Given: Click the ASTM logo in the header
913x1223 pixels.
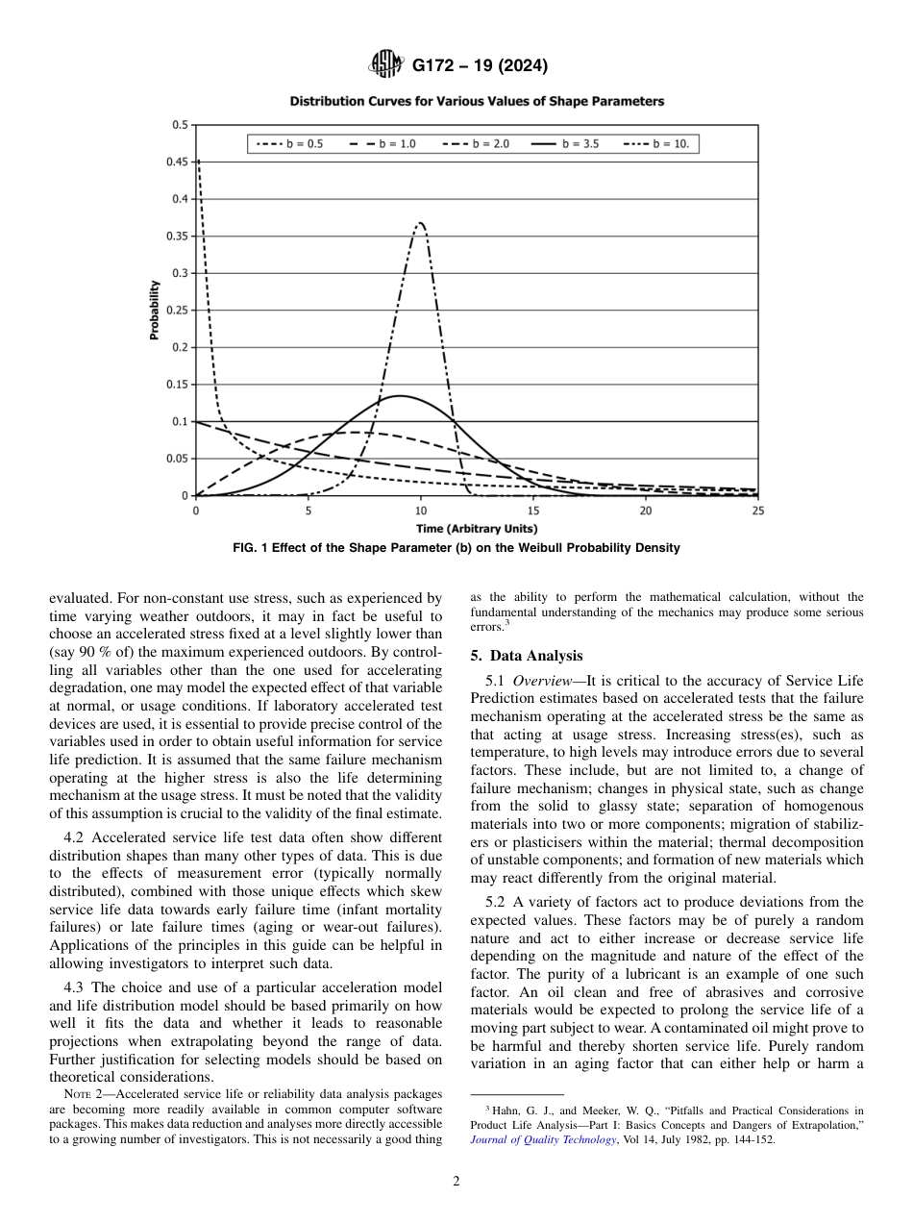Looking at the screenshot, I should coord(386,65).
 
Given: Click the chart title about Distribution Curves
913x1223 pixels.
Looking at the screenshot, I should coord(477,101).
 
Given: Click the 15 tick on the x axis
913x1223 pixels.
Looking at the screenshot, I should coord(533,512).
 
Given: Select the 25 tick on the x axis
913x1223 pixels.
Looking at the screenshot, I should coord(757,512).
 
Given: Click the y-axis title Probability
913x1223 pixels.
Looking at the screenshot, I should coord(154,310).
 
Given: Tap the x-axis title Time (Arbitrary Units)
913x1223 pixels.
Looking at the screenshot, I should coord(477,529).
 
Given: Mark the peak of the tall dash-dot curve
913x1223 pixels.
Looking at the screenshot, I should coord(420,223).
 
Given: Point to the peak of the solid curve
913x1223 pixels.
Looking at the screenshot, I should coord(399,395).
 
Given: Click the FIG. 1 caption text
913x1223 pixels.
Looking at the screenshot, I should coord(456,548).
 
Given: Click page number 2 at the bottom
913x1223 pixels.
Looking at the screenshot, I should coord(456,1182).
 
